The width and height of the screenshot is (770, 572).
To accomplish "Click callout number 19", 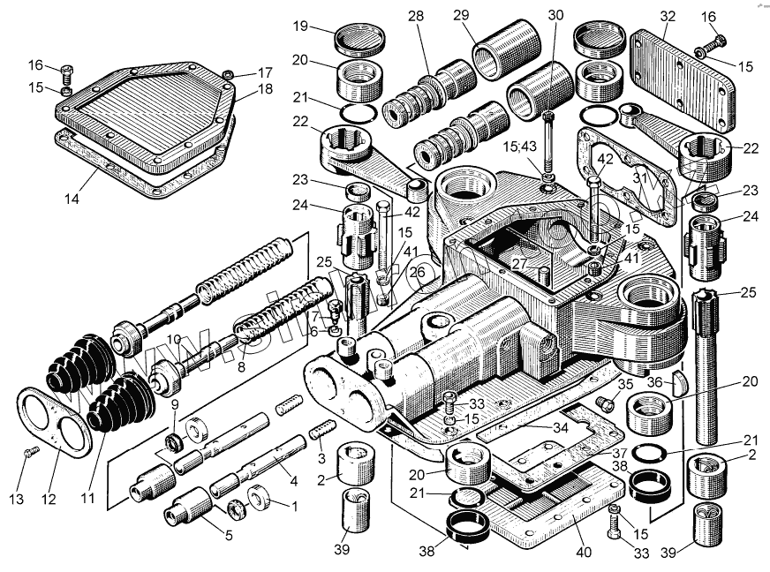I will [x=301, y=26].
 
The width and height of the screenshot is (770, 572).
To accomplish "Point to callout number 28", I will [x=416, y=17].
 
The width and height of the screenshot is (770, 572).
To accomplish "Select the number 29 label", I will [x=484, y=17].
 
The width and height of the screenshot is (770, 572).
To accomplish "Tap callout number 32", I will [x=667, y=17].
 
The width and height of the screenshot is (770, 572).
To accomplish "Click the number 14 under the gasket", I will [x=72, y=199].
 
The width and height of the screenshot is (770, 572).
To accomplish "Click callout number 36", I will [x=654, y=381].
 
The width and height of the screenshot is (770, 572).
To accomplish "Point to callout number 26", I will [x=416, y=272].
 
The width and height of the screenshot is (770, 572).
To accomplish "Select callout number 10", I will [x=175, y=339].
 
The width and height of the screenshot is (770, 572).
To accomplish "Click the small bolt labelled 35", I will [x=605, y=403].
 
